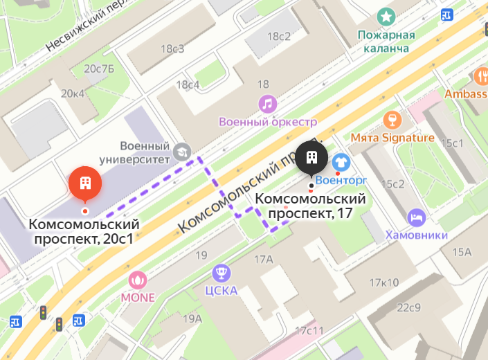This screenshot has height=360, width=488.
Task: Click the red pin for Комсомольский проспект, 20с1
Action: [85, 183]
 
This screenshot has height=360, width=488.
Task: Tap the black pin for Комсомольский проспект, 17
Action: [311, 159]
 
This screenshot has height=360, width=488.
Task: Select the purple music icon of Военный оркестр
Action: [267, 104]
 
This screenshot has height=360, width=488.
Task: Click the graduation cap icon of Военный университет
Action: [182, 150]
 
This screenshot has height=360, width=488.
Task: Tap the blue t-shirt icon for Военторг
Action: [341, 162]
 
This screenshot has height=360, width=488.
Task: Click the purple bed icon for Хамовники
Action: [416, 217]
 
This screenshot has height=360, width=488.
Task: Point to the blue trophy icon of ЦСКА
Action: [222, 271]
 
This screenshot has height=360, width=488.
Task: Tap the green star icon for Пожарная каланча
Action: [386, 16]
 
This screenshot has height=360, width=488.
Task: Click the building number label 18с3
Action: [172, 48]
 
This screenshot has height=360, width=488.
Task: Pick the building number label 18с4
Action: [188, 84]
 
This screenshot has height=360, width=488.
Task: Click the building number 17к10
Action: [383, 282]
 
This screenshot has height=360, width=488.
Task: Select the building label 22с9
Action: [409, 307]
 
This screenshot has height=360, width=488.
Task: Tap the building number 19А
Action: [192, 318]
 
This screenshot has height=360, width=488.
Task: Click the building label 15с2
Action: [394, 183]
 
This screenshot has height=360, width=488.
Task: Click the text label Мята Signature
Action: [392, 138]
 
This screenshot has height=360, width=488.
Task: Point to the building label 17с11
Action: [309, 330]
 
